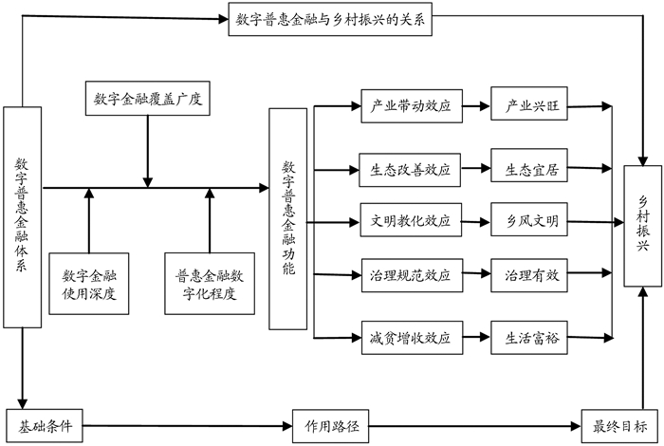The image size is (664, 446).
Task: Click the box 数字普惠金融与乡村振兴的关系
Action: [x=330, y=21]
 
